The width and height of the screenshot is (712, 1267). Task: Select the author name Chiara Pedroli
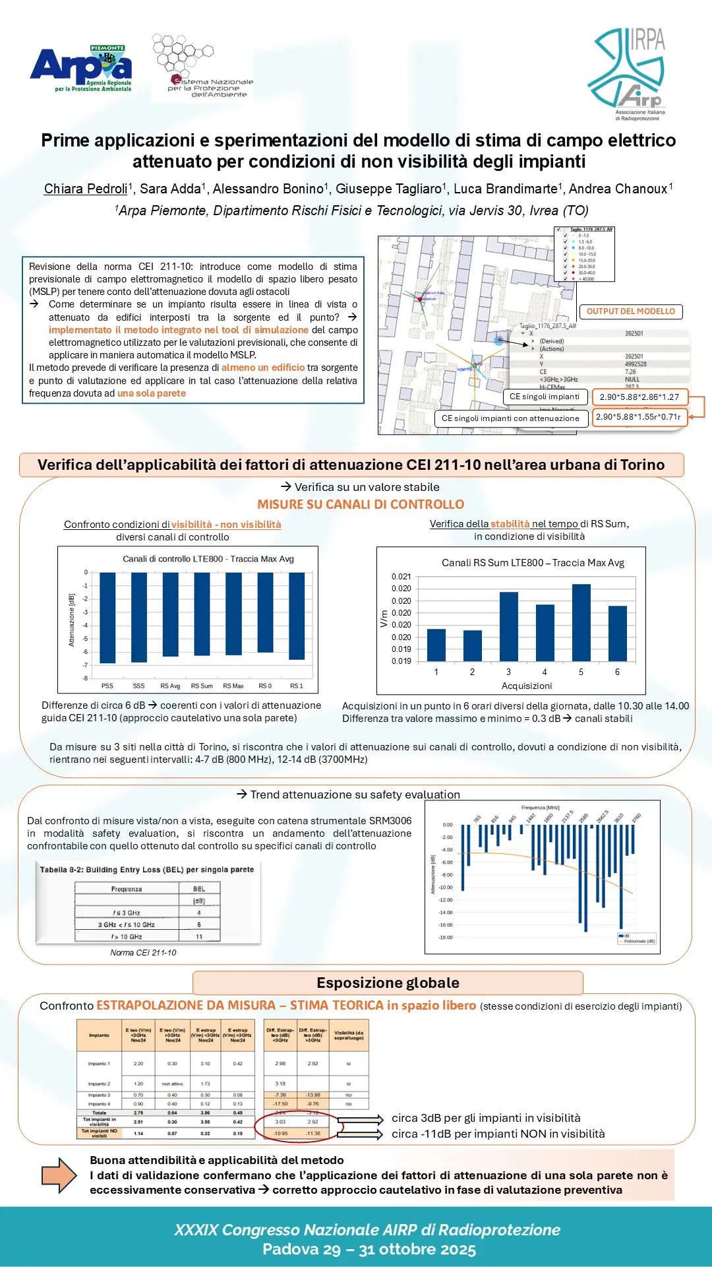click(x=86, y=189)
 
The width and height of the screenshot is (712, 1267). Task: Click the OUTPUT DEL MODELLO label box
click(x=631, y=311)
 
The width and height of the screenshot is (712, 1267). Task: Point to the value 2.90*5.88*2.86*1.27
click(x=639, y=397)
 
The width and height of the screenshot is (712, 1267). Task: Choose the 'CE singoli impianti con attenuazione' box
click(x=510, y=418)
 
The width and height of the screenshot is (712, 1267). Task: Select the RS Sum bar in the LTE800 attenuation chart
click(x=202, y=614)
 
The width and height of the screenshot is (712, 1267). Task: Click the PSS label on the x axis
click(x=107, y=686)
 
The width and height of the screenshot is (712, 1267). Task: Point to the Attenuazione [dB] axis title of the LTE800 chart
click(x=72, y=620)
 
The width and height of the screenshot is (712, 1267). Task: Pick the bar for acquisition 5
click(x=581, y=622)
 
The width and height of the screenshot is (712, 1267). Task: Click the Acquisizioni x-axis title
click(x=527, y=686)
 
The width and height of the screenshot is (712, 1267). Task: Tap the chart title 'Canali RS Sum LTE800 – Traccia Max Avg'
click(x=533, y=563)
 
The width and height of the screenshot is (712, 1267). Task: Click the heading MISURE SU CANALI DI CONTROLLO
click(x=361, y=505)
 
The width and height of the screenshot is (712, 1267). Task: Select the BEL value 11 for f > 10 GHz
click(x=199, y=936)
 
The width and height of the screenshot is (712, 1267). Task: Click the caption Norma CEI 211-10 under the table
click(x=143, y=953)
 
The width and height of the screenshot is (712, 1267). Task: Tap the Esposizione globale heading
click(x=388, y=983)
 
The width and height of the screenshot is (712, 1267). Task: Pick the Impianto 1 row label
click(x=99, y=1064)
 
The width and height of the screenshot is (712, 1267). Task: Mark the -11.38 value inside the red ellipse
click(x=312, y=1134)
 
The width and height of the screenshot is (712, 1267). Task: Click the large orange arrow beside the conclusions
click(x=59, y=1175)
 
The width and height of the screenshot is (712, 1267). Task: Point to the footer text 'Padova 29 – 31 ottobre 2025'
click(x=369, y=1249)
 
